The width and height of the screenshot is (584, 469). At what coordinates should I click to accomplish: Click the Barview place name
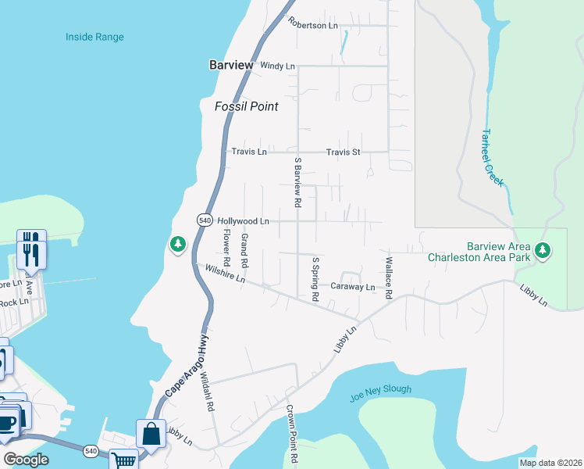231,66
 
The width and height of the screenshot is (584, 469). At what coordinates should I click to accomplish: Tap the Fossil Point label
246,106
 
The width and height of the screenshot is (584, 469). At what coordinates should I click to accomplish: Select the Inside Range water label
94,37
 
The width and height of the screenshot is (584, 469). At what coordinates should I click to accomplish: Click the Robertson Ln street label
313,24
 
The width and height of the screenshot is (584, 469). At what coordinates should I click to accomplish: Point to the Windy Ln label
278,66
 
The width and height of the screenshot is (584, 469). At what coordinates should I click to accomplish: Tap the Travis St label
343,152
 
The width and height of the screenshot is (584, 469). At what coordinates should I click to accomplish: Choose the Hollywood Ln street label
243,222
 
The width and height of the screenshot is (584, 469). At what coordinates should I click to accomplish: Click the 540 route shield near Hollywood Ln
205,220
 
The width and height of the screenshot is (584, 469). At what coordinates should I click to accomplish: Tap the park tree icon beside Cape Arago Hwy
178,245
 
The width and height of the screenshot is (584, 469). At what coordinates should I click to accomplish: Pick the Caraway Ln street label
352,288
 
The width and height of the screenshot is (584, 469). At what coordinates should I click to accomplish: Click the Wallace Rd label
387,277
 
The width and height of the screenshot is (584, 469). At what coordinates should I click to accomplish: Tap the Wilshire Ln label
225,274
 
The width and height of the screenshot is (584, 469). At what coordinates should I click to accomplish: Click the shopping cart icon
123,460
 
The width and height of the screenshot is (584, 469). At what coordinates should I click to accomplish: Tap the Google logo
27,460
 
